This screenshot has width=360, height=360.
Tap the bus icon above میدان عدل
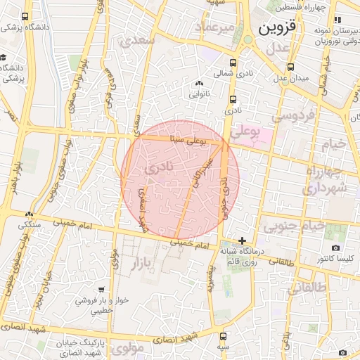tap(290, 67)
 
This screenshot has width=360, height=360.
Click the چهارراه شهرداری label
tap(324, 180)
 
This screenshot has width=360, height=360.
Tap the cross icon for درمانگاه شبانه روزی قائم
tap(243, 240)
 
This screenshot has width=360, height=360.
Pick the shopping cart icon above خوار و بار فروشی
tap(103, 289)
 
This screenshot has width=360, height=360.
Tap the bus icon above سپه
tap(223, 337)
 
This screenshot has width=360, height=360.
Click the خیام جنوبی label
tap(295, 226)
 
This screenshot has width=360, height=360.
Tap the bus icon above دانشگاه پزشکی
tap(25, 16)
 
